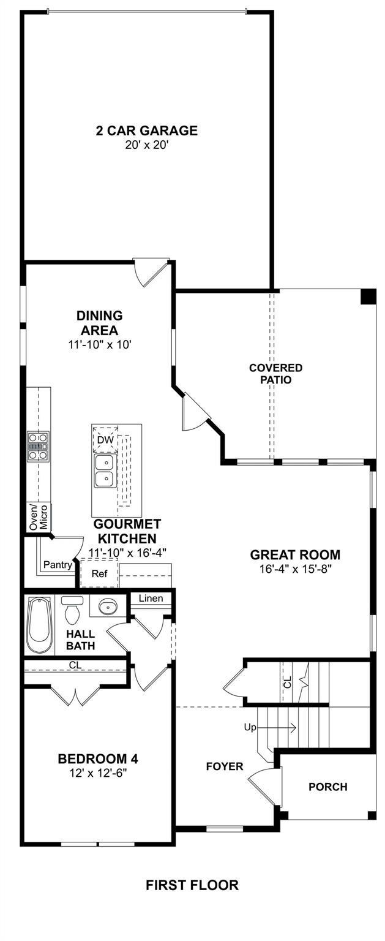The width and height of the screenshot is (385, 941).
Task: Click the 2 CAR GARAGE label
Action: pyautogui.click(x=146, y=130)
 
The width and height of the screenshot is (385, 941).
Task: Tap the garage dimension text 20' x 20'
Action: pyautogui.click(x=146, y=145)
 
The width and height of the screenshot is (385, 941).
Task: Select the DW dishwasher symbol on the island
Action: pyautogui.click(x=105, y=439)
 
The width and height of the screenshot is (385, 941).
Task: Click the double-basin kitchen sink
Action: pyautogui.click(x=105, y=471)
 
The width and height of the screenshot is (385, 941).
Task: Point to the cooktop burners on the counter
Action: pyautogui.click(x=38, y=447)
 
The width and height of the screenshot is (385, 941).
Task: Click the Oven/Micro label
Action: pyautogui.click(x=39, y=517)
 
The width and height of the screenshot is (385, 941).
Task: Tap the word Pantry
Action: pyautogui.click(x=58, y=565)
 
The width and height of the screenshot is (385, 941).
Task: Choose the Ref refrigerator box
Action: pyautogui.click(x=100, y=573)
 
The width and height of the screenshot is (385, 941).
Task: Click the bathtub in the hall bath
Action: pyautogui.click(x=39, y=625)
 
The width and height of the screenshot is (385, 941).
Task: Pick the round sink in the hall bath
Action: pyautogui.click(x=108, y=606)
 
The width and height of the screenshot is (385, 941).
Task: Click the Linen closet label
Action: pyautogui.click(x=151, y=598)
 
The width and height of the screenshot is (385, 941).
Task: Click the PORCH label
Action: pyautogui.click(x=328, y=787)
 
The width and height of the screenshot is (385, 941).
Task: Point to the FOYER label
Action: pyautogui.click(x=225, y=766)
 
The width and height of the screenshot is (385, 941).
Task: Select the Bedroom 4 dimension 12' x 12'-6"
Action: pyautogui.click(x=98, y=773)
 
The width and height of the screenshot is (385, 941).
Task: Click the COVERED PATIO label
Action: pyautogui.click(x=275, y=374)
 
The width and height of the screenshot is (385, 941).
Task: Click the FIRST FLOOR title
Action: pyautogui.click(x=192, y=885)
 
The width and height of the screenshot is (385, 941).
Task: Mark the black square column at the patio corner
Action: pyautogui.click(x=368, y=296)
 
